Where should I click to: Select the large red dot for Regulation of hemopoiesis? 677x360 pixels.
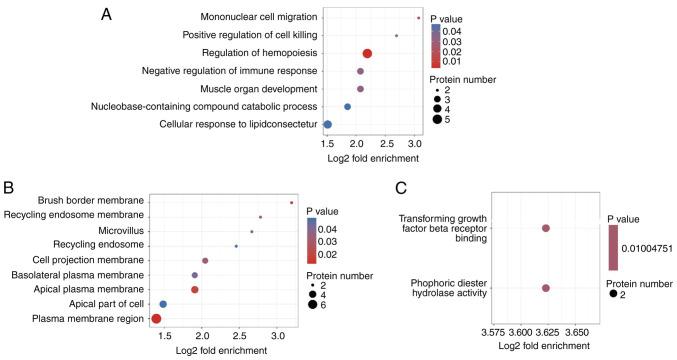click(x=367, y=54)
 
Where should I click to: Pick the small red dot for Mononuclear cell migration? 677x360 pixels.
click(x=418, y=18)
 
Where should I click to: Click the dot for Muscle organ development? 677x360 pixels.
click(x=360, y=89)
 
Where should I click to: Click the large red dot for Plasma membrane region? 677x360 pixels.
click(x=156, y=318)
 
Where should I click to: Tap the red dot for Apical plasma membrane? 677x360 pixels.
click(x=195, y=289)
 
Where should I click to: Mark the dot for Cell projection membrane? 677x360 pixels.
click(x=205, y=260)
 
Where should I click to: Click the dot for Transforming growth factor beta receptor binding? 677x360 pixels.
click(x=546, y=228)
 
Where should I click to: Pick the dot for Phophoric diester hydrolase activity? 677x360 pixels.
click(x=546, y=288)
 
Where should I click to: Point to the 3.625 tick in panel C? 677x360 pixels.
click(x=547, y=329)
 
